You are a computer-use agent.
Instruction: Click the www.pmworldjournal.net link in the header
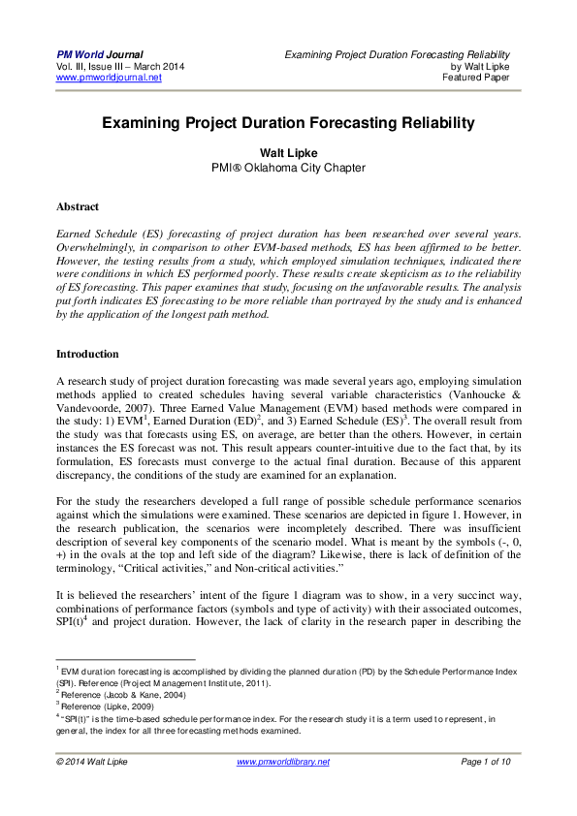[x=109, y=78]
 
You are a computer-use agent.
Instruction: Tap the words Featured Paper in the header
[x=482, y=78]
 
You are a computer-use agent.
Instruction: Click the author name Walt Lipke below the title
[x=288, y=152]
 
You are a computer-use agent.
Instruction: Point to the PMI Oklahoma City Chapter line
[x=288, y=167]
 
